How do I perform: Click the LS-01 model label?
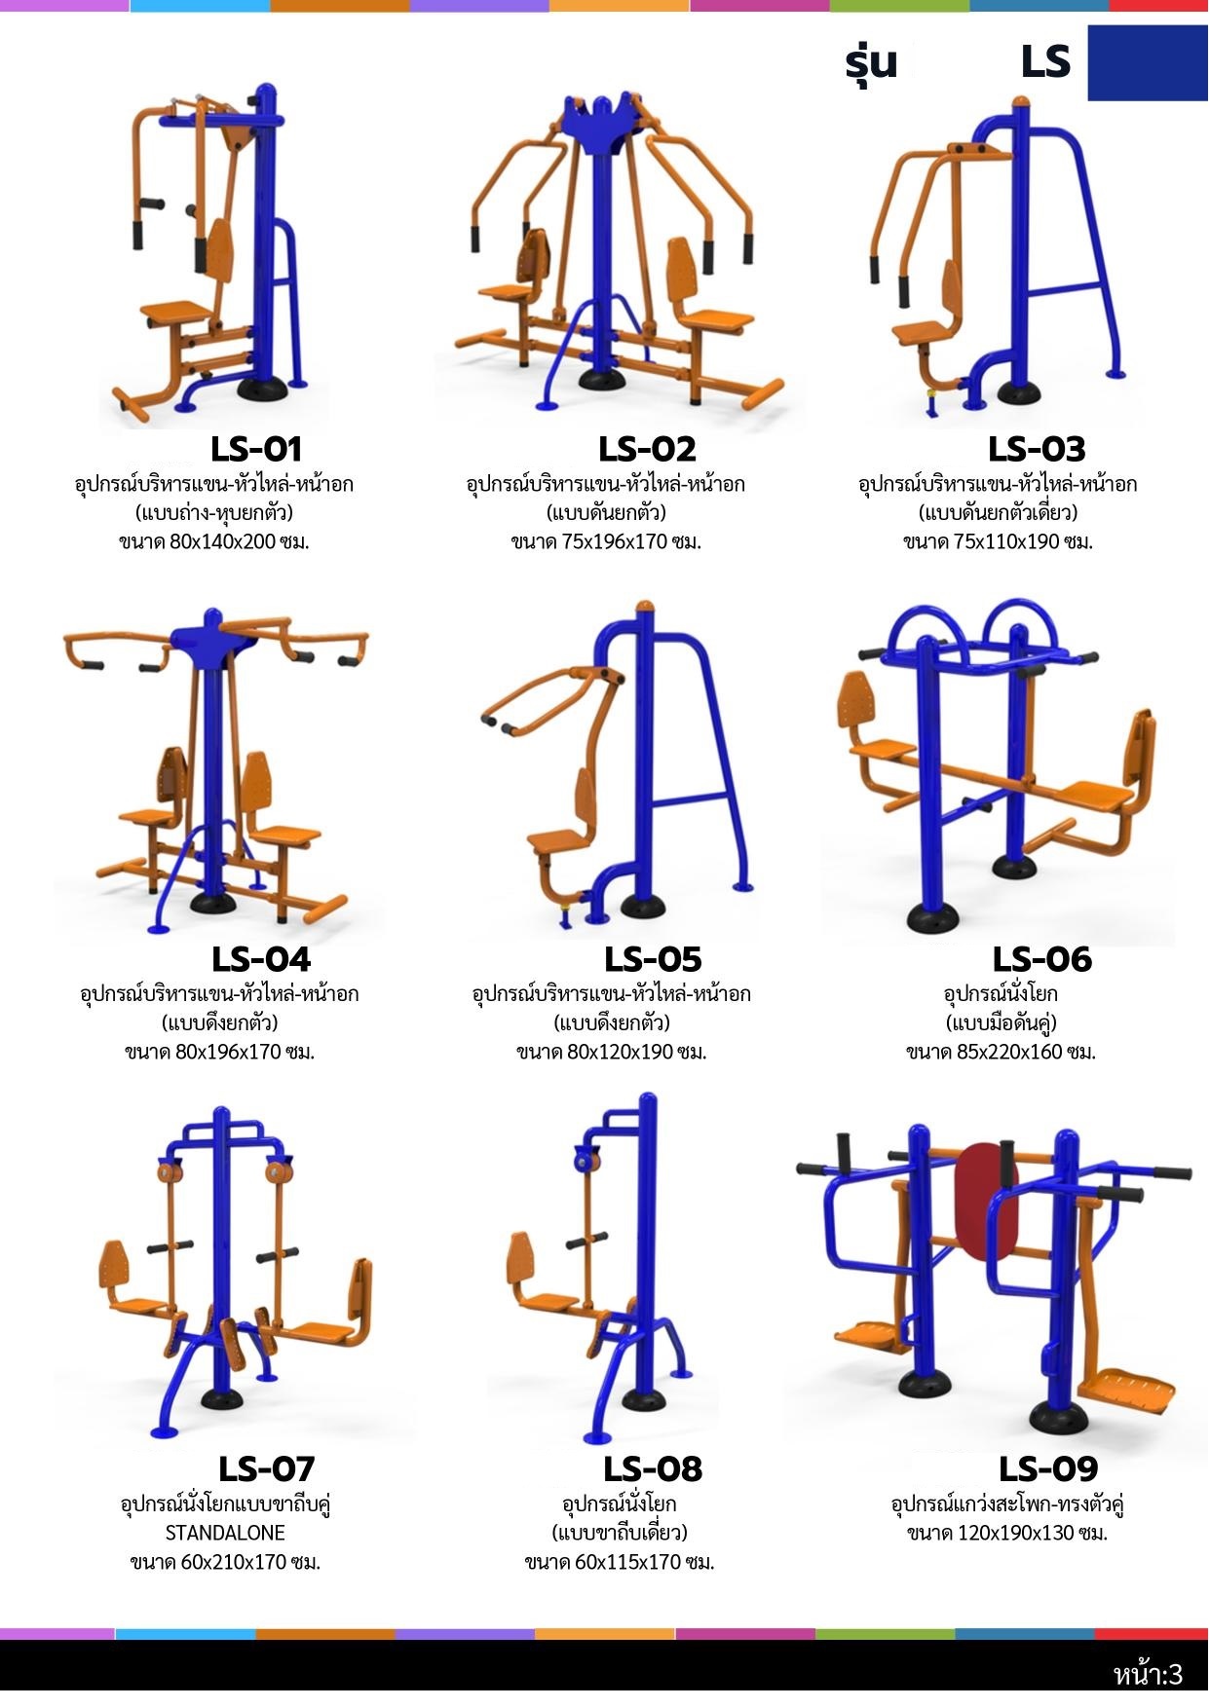pyautogui.click(x=256, y=449)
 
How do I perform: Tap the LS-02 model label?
pyautogui.click(x=647, y=449)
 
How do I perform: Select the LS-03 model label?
pyautogui.click(x=1037, y=449)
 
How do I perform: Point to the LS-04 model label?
pyautogui.click(x=261, y=959)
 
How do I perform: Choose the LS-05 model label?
pyautogui.click(x=653, y=959)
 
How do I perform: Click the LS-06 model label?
pyautogui.click(x=1042, y=959)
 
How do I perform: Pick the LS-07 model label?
pyautogui.click(x=267, y=1468)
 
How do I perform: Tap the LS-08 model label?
pyautogui.click(x=653, y=1468)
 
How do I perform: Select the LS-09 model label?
pyautogui.click(x=1048, y=1468)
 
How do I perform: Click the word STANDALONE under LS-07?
pyautogui.click(x=225, y=1533)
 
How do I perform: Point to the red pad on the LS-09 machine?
pyautogui.click(x=986, y=1198)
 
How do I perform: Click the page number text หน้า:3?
pyautogui.click(x=1149, y=1675)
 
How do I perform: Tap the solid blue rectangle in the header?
pyautogui.click(x=1148, y=62)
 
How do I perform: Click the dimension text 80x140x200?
pyautogui.click(x=223, y=542)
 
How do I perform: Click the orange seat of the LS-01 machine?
pyautogui.click(x=176, y=314)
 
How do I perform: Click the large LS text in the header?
pyautogui.click(x=1045, y=62)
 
